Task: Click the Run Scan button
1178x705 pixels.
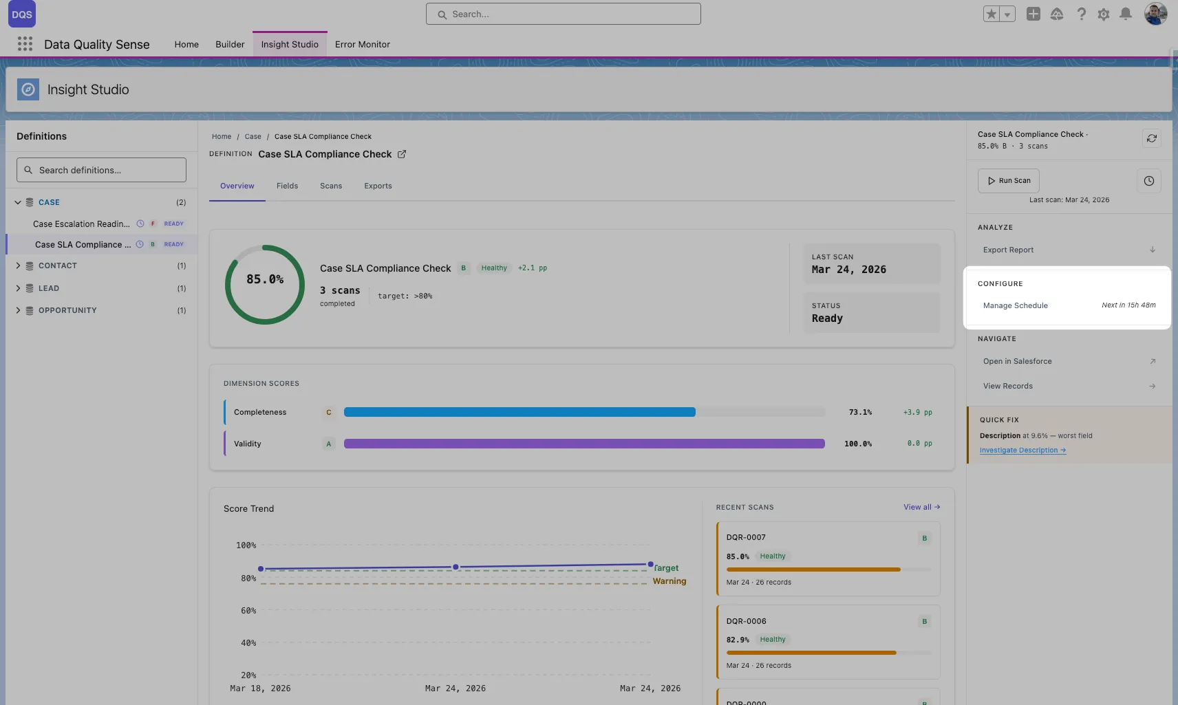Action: [x=1008, y=181]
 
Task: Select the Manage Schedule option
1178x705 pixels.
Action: [x=1015, y=305]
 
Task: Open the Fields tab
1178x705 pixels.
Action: [x=287, y=186]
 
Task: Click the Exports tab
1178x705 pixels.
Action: [x=378, y=186]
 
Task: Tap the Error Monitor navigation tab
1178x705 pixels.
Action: [x=362, y=44]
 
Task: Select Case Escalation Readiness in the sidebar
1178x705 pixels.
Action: [x=81, y=224]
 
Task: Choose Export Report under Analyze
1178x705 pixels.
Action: [x=1008, y=250]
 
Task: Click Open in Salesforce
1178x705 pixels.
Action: [x=1017, y=361]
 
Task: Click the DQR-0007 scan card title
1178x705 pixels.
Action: [x=746, y=537]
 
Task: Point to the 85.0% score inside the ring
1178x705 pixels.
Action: [x=265, y=279]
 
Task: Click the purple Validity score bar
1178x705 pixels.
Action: [x=583, y=444]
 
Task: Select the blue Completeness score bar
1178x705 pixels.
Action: [x=520, y=412]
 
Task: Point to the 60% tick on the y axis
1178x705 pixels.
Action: [x=248, y=611]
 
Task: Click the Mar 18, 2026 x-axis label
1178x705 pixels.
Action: [x=260, y=688]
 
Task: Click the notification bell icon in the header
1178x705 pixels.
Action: [x=1126, y=14]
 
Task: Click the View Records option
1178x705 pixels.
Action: [x=1007, y=386]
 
